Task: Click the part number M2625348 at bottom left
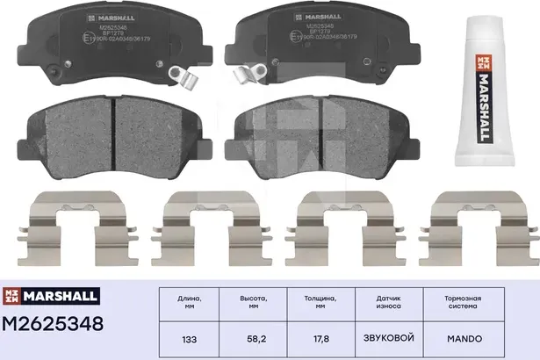[x=58, y=325]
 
